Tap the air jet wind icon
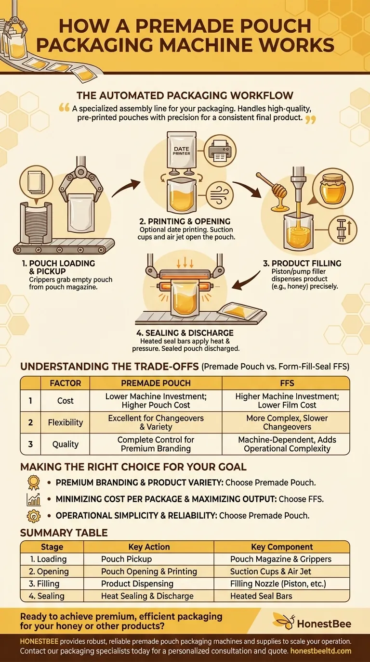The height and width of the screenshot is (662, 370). [220, 197]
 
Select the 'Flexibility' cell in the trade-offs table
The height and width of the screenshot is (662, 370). [65, 423]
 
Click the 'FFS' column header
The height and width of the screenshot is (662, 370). [286, 383]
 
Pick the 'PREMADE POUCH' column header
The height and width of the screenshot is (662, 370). [156, 383]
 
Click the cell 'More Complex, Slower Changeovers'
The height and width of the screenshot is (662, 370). [286, 423]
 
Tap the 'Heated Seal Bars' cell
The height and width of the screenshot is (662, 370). [261, 596]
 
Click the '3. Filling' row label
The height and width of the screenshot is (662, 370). [43, 584]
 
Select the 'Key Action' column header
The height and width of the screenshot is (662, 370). [149, 547]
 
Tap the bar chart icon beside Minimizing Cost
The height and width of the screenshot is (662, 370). [33, 499]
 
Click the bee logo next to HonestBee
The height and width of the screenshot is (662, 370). [283, 624]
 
